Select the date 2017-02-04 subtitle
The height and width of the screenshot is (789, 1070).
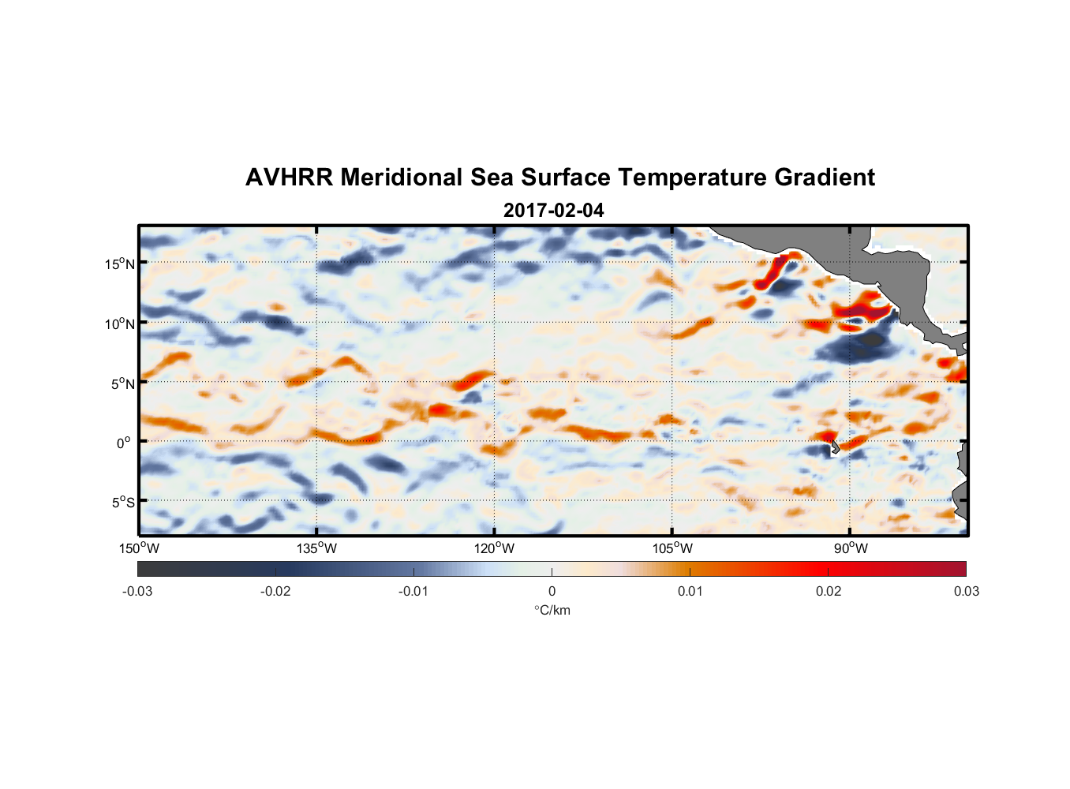[553, 211]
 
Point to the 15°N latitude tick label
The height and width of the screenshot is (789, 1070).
[119, 264]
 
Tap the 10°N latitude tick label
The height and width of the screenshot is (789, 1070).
[119, 324]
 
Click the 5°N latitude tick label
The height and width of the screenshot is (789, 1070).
[122, 384]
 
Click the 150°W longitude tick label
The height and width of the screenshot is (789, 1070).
[140, 549]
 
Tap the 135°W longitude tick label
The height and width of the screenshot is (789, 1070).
[317, 549]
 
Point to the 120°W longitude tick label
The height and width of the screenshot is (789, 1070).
[495, 549]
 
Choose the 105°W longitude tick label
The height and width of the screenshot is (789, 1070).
[672, 549]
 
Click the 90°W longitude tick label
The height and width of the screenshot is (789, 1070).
[850, 549]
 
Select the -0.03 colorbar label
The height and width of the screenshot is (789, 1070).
[137, 592]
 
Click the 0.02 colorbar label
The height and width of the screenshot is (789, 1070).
[828, 592]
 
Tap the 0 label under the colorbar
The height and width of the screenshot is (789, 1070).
[552, 592]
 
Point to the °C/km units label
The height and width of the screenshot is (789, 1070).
[552, 611]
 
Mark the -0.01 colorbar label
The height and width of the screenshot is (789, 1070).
[413, 592]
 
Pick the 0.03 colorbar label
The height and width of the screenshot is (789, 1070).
[966, 592]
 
